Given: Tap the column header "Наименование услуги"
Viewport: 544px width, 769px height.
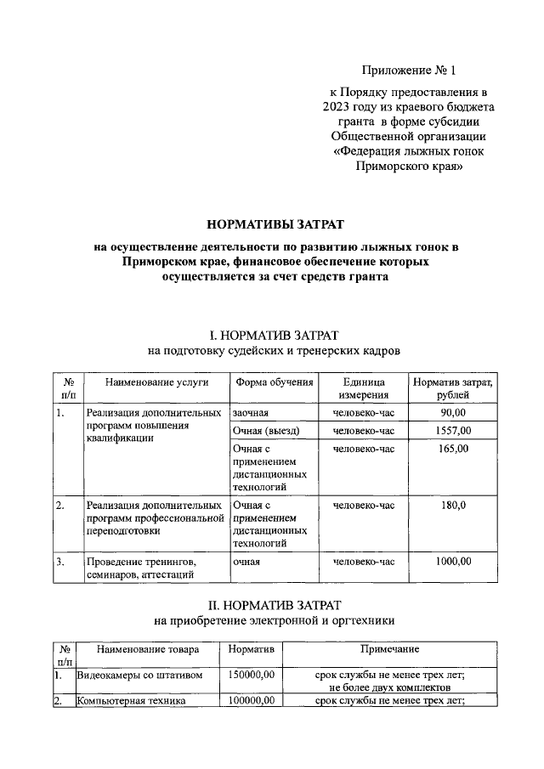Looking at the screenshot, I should (x=156, y=382).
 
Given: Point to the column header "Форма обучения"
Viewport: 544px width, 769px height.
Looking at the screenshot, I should (x=275, y=382).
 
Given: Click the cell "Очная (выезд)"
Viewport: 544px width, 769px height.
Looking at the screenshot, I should (x=266, y=431).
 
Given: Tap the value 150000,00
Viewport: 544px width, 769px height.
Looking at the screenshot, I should (x=252, y=676).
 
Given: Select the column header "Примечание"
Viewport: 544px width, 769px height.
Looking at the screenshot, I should (x=389, y=650).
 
